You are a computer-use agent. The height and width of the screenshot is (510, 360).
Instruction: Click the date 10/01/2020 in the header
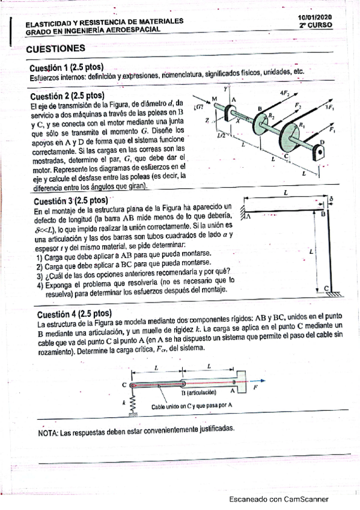coord(315,17)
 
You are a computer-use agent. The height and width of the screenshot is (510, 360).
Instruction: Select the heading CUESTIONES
coord(55,49)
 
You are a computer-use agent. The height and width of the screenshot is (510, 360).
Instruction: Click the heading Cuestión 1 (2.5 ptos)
coord(66,67)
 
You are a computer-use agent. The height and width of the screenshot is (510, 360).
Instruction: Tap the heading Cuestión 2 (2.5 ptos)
coord(67,96)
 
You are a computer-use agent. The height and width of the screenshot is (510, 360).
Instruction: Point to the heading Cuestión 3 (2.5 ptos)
coord(71,201)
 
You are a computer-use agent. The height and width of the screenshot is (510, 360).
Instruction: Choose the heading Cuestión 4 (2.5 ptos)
coord(75,314)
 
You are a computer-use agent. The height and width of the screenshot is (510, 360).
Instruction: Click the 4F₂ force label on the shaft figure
coord(285,93)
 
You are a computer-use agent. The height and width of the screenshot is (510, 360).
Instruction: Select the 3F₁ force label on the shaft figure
coord(326,108)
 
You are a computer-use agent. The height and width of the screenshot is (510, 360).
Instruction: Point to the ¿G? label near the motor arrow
coord(198,108)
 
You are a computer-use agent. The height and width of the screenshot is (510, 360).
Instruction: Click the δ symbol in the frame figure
coord(331,198)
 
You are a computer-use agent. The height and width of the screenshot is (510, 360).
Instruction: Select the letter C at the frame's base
coord(326,288)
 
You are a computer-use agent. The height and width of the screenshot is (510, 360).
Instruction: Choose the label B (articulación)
coord(198,393)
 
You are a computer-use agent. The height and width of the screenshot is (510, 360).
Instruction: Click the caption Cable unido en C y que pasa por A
coord(192,406)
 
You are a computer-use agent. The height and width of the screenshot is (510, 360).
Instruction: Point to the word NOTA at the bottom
coord(48,433)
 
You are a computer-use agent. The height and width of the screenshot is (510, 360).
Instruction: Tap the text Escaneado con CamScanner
coord(279,499)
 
